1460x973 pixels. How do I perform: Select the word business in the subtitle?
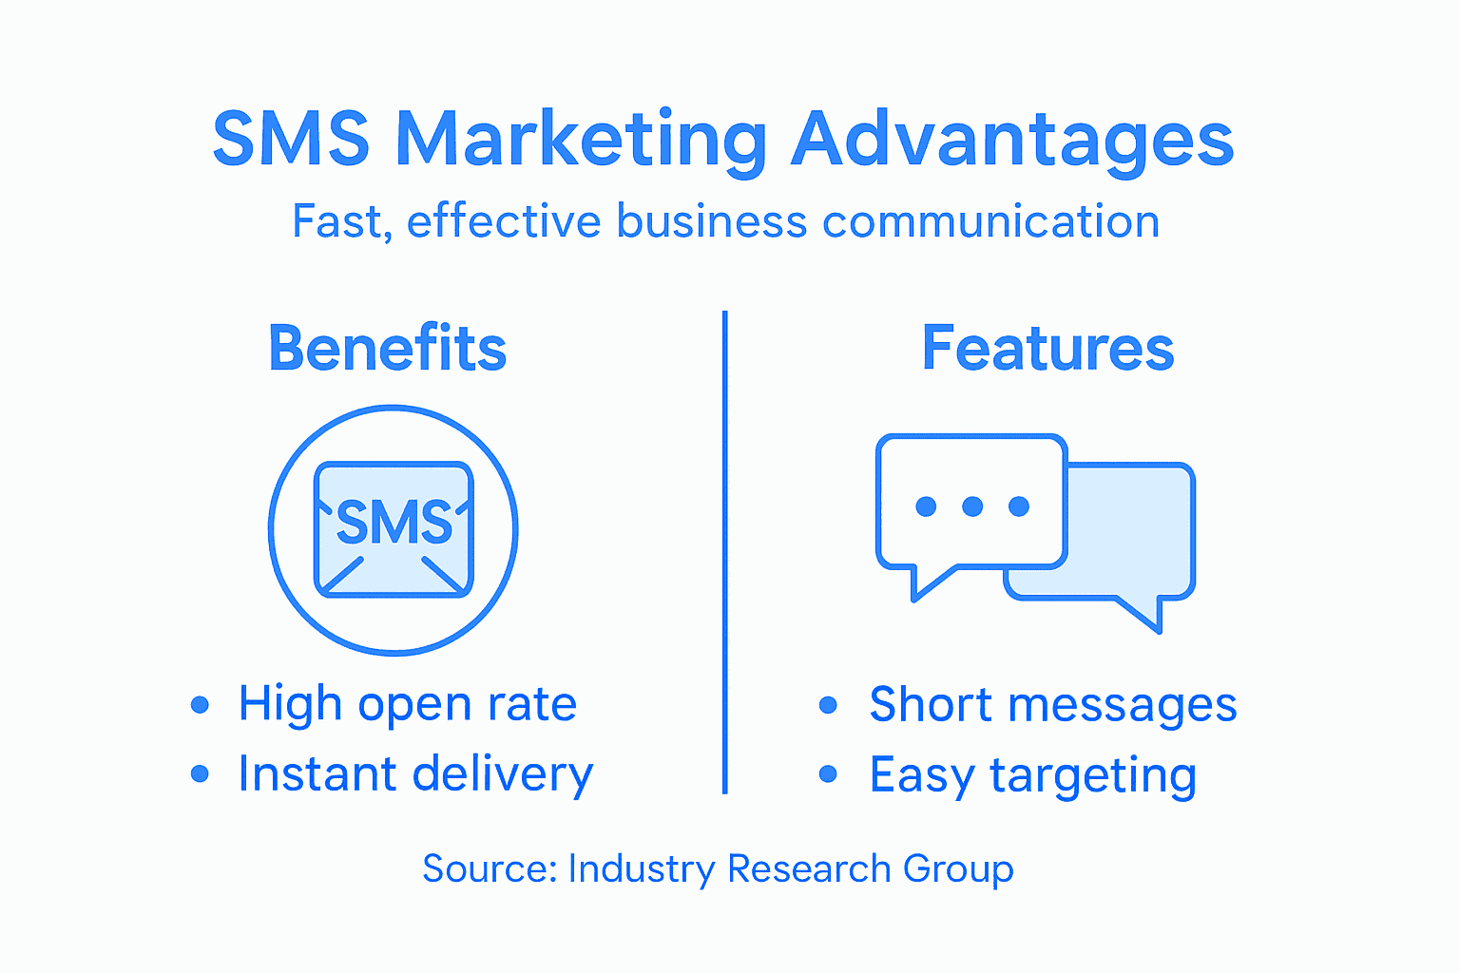(x=712, y=221)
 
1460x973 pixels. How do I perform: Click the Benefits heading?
(x=388, y=349)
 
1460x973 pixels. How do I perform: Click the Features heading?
(x=1047, y=349)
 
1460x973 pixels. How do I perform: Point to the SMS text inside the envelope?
(x=394, y=523)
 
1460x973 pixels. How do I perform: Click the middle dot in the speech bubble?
(x=972, y=506)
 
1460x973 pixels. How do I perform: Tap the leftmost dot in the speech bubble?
(x=926, y=506)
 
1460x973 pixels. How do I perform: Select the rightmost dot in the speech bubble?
(x=1019, y=506)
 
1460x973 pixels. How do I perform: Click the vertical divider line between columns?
(x=725, y=551)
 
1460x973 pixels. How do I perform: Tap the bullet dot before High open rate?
(x=200, y=705)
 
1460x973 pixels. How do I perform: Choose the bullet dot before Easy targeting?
(x=828, y=775)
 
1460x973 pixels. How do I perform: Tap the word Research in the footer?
(x=809, y=868)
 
